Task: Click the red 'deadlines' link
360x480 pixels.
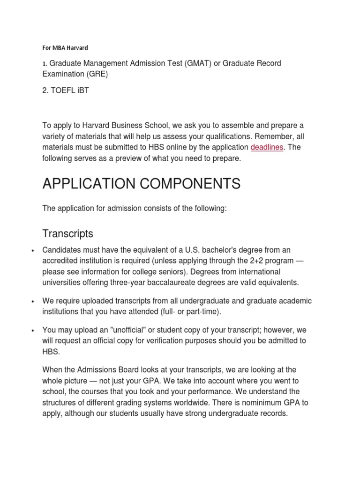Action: [267, 148]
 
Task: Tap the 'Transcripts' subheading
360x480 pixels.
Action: [67, 233]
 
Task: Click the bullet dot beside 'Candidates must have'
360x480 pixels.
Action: [32, 251]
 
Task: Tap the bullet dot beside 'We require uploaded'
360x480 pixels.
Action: [32, 301]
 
